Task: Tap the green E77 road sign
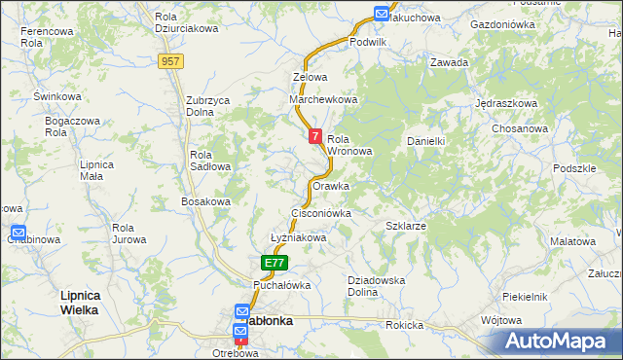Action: pos(275,263)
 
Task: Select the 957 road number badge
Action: pos(171,61)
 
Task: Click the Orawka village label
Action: pos(331,186)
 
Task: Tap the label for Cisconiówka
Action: pos(320,212)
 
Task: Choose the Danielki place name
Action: pos(425,141)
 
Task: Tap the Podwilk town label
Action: pos(369,42)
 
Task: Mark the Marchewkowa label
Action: pos(324,99)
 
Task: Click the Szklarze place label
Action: pos(406,226)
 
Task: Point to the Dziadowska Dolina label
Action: pos(376,286)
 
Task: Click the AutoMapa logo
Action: pos(561,341)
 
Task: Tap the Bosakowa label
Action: pos(205,201)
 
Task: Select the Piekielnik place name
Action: pos(526,296)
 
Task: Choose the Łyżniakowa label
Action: pos(297,237)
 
